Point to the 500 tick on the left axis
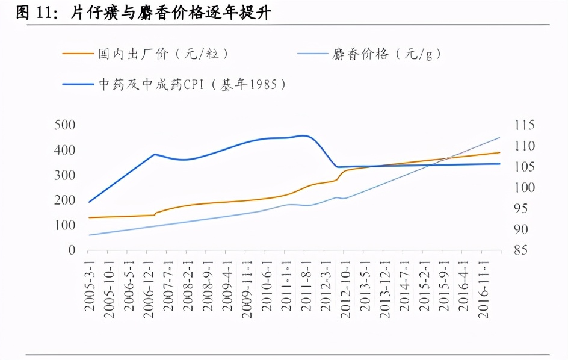pos(64,125)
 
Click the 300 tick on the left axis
pos(64,175)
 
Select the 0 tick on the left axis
pos(72,250)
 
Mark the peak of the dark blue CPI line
pos(303,135)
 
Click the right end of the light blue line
pos(500,138)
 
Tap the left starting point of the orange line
pos(89,217)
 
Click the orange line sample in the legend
pos(78,54)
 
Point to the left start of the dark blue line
pos(89,202)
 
